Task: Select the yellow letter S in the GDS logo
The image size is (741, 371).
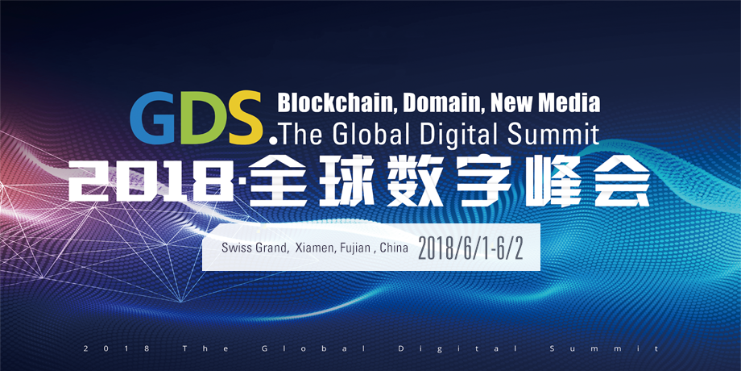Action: [244, 118]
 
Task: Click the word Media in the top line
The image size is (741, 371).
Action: [573, 102]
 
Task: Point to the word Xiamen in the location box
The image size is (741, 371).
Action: [313, 248]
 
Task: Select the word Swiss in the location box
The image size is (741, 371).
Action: [234, 248]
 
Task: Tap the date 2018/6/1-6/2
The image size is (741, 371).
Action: [470, 249]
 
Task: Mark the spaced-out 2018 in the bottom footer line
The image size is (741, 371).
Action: [116, 348]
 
